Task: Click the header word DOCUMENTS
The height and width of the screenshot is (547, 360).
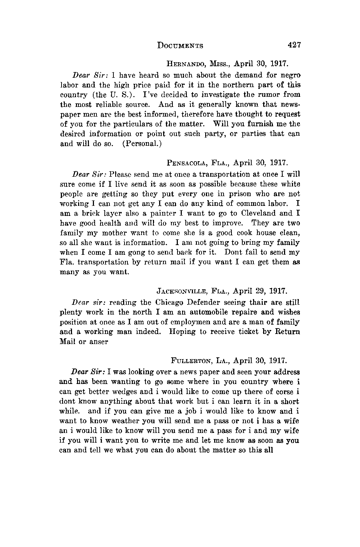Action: click(x=180, y=46)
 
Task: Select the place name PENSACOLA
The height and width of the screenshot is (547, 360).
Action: click(x=184, y=163)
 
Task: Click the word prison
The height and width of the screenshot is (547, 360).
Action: click(x=219, y=194)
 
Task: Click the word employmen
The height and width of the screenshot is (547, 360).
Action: click(x=203, y=322)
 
